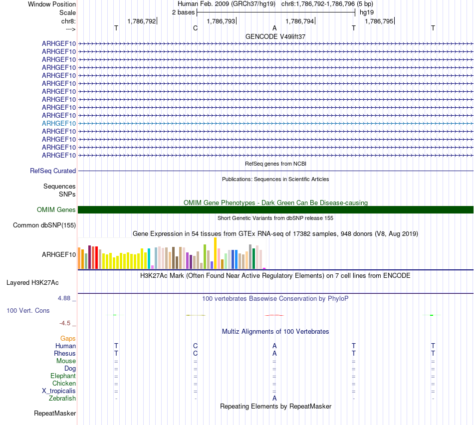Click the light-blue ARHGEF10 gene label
(x=59, y=123)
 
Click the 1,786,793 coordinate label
(x=221, y=21)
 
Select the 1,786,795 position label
(x=379, y=21)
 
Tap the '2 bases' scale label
(x=183, y=12)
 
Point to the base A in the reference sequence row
(x=274, y=28)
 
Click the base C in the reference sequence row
(x=195, y=28)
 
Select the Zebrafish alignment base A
(x=274, y=399)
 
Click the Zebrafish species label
(x=62, y=399)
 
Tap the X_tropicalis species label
(x=59, y=391)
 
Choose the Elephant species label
(x=63, y=376)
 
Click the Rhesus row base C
(x=195, y=354)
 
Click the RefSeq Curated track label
(x=53, y=171)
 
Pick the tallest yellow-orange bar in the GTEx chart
(x=215, y=253)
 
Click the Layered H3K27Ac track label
(x=32, y=283)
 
